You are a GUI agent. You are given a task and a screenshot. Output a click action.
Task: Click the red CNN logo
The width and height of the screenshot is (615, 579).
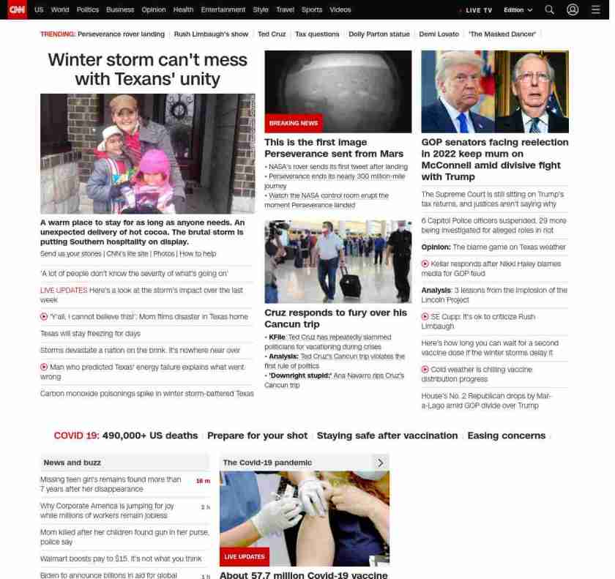(17, 10)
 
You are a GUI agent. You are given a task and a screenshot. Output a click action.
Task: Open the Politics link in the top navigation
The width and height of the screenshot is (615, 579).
(87, 10)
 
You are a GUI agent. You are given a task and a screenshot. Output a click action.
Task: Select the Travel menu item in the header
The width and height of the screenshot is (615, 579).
(285, 10)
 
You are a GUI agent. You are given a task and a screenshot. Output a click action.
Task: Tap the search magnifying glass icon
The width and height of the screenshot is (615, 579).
(549, 10)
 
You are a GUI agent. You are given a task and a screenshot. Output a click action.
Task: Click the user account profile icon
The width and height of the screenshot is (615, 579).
(573, 10)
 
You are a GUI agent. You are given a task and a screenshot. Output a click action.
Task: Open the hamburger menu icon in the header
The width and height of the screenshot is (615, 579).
(595, 10)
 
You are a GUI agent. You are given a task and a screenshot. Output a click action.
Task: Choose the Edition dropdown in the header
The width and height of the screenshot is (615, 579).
(518, 10)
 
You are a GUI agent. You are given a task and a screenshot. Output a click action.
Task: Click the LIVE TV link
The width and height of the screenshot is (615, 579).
(478, 10)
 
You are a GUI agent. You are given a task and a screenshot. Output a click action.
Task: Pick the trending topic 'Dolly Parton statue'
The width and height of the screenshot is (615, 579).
(379, 34)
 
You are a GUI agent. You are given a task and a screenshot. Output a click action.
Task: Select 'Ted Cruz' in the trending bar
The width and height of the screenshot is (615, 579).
(271, 34)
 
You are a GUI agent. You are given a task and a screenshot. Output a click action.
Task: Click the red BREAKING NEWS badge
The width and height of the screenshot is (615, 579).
(293, 123)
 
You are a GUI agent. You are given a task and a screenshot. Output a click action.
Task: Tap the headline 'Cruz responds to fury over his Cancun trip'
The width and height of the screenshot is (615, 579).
(335, 318)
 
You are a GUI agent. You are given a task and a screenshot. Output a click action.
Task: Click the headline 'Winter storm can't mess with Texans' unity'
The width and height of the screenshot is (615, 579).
(147, 69)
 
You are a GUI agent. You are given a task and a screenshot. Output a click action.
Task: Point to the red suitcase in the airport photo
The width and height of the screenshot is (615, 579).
(351, 283)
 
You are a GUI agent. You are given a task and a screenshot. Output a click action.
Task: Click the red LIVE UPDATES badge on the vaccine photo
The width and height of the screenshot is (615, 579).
(244, 557)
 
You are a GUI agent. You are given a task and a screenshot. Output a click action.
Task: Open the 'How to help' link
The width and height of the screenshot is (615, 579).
(198, 253)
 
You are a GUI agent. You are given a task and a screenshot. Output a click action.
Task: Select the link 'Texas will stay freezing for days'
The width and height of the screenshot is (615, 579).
(90, 333)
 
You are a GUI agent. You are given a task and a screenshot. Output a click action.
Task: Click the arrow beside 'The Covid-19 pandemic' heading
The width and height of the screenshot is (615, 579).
(380, 463)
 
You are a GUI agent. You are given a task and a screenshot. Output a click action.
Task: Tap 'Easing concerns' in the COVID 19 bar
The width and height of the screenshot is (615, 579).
(506, 436)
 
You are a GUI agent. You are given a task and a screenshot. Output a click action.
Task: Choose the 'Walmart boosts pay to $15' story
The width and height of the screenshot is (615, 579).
(121, 559)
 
